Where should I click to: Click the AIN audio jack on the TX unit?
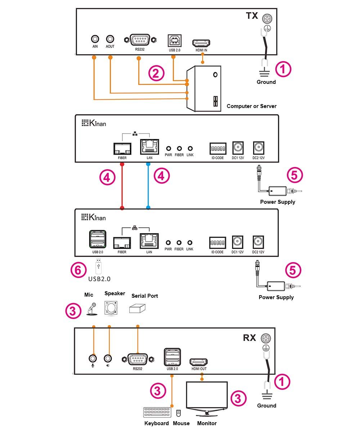tap(95, 39)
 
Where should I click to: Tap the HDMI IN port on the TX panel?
tap(201, 43)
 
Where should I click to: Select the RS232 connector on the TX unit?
tap(140, 40)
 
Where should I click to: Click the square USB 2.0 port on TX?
tap(174, 41)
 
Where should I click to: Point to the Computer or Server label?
tap(251, 106)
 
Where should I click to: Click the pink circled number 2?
tap(156, 73)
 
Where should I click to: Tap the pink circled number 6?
tap(78, 270)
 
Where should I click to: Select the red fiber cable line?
tap(122, 186)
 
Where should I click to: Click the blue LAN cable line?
tap(148, 186)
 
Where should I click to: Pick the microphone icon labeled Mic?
tap(92, 309)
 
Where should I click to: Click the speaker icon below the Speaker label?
tap(111, 308)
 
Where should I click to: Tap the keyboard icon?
tap(157, 412)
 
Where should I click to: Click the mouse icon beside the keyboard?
tap(178, 413)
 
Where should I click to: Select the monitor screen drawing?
tap(207, 399)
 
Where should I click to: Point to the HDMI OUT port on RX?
tap(198, 362)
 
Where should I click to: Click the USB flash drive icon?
tap(99, 266)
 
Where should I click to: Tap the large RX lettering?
tap(249, 338)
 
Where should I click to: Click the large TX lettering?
tap(252, 15)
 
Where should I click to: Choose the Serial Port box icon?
tap(137, 308)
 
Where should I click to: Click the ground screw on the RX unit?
tap(266, 338)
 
